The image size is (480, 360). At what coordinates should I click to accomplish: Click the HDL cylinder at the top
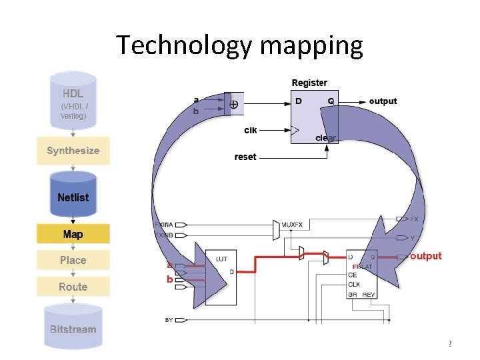tap(73, 100)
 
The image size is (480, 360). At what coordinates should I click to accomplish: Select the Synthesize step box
tap(73, 151)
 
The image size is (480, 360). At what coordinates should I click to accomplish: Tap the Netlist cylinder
tap(73, 197)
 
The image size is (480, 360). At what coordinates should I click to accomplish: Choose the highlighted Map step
tap(73, 234)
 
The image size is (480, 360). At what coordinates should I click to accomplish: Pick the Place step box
tap(73, 260)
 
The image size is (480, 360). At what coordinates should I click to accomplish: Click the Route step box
tap(73, 287)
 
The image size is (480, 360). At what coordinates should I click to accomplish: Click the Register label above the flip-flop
tap(309, 83)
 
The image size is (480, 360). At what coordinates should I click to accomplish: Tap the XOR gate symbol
tap(234, 104)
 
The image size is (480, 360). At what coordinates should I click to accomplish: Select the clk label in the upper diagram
tap(250, 130)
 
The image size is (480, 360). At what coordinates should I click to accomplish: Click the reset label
tap(245, 157)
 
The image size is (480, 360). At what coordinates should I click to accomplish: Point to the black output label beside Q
tap(383, 101)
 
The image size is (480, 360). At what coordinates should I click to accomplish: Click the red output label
tap(426, 256)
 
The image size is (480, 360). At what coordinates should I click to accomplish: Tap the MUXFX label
tap(292, 225)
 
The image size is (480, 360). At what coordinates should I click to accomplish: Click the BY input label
tap(169, 320)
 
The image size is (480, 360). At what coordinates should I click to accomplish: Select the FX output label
tap(415, 219)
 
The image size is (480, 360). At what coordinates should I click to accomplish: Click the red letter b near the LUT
tap(170, 279)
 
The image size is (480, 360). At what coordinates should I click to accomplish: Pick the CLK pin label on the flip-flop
tap(354, 284)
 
